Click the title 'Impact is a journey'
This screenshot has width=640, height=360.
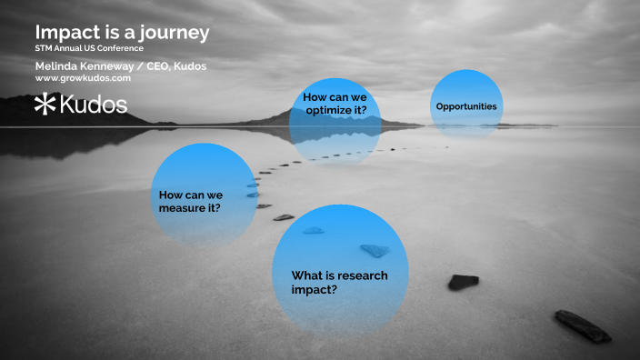122,32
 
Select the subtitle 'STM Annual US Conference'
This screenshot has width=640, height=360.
89,47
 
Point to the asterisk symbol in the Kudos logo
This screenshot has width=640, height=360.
45,105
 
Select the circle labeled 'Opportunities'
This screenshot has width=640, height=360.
465,106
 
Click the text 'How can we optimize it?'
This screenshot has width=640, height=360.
335,104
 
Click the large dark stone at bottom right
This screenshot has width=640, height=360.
583,325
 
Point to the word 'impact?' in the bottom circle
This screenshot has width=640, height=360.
315,289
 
